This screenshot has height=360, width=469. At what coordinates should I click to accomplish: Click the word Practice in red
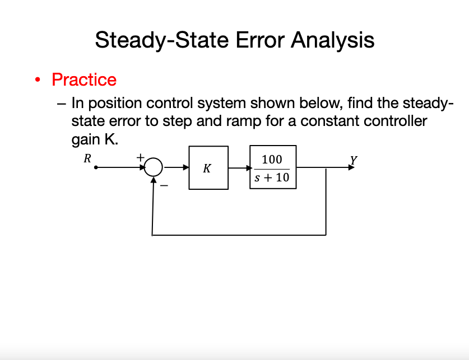click(84, 80)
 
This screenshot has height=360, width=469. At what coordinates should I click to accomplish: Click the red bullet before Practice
click(37, 80)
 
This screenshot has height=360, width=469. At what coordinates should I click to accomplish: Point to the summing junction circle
click(154, 167)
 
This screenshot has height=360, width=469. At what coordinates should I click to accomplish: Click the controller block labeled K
click(208, 167)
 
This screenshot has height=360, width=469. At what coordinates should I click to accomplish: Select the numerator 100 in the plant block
click(272, 160)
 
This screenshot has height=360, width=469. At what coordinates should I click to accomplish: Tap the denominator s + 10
click(272, 177)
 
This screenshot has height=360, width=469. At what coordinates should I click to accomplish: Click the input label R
click(87, 158)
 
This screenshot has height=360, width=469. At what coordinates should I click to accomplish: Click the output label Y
click(352, 158)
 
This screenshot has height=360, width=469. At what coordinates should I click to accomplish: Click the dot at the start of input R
click(96, 167)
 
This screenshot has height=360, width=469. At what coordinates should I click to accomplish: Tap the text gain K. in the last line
click(95, 139)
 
